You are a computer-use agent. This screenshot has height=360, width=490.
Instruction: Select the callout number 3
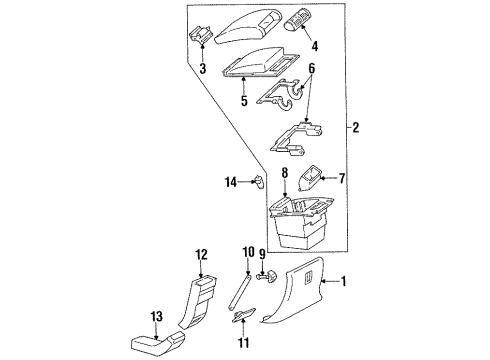(x=202, y=70)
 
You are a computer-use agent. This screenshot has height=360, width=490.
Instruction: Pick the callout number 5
(x=243, y=101)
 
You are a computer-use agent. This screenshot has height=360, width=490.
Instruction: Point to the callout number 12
(x=200, y=254)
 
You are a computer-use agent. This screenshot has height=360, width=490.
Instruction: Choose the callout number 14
(x=229, y=181)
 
